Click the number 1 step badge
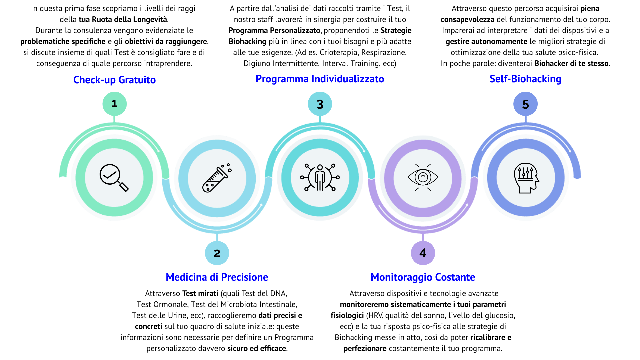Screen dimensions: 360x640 point(114,104)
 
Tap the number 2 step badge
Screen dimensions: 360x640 point(217,253)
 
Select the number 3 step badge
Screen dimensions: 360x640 point(320,104)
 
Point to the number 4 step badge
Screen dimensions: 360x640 point(423,253)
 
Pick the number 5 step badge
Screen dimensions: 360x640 point(525,104)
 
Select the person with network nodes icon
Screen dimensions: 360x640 point(320,177)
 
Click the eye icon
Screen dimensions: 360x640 point(423,177)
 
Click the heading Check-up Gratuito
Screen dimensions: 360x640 point(114,80)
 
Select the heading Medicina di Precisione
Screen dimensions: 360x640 point(217,277)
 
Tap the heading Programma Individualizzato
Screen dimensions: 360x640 point(320,79)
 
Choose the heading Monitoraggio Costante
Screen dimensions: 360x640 point(423,277)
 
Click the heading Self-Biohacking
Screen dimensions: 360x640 point(525,79)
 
